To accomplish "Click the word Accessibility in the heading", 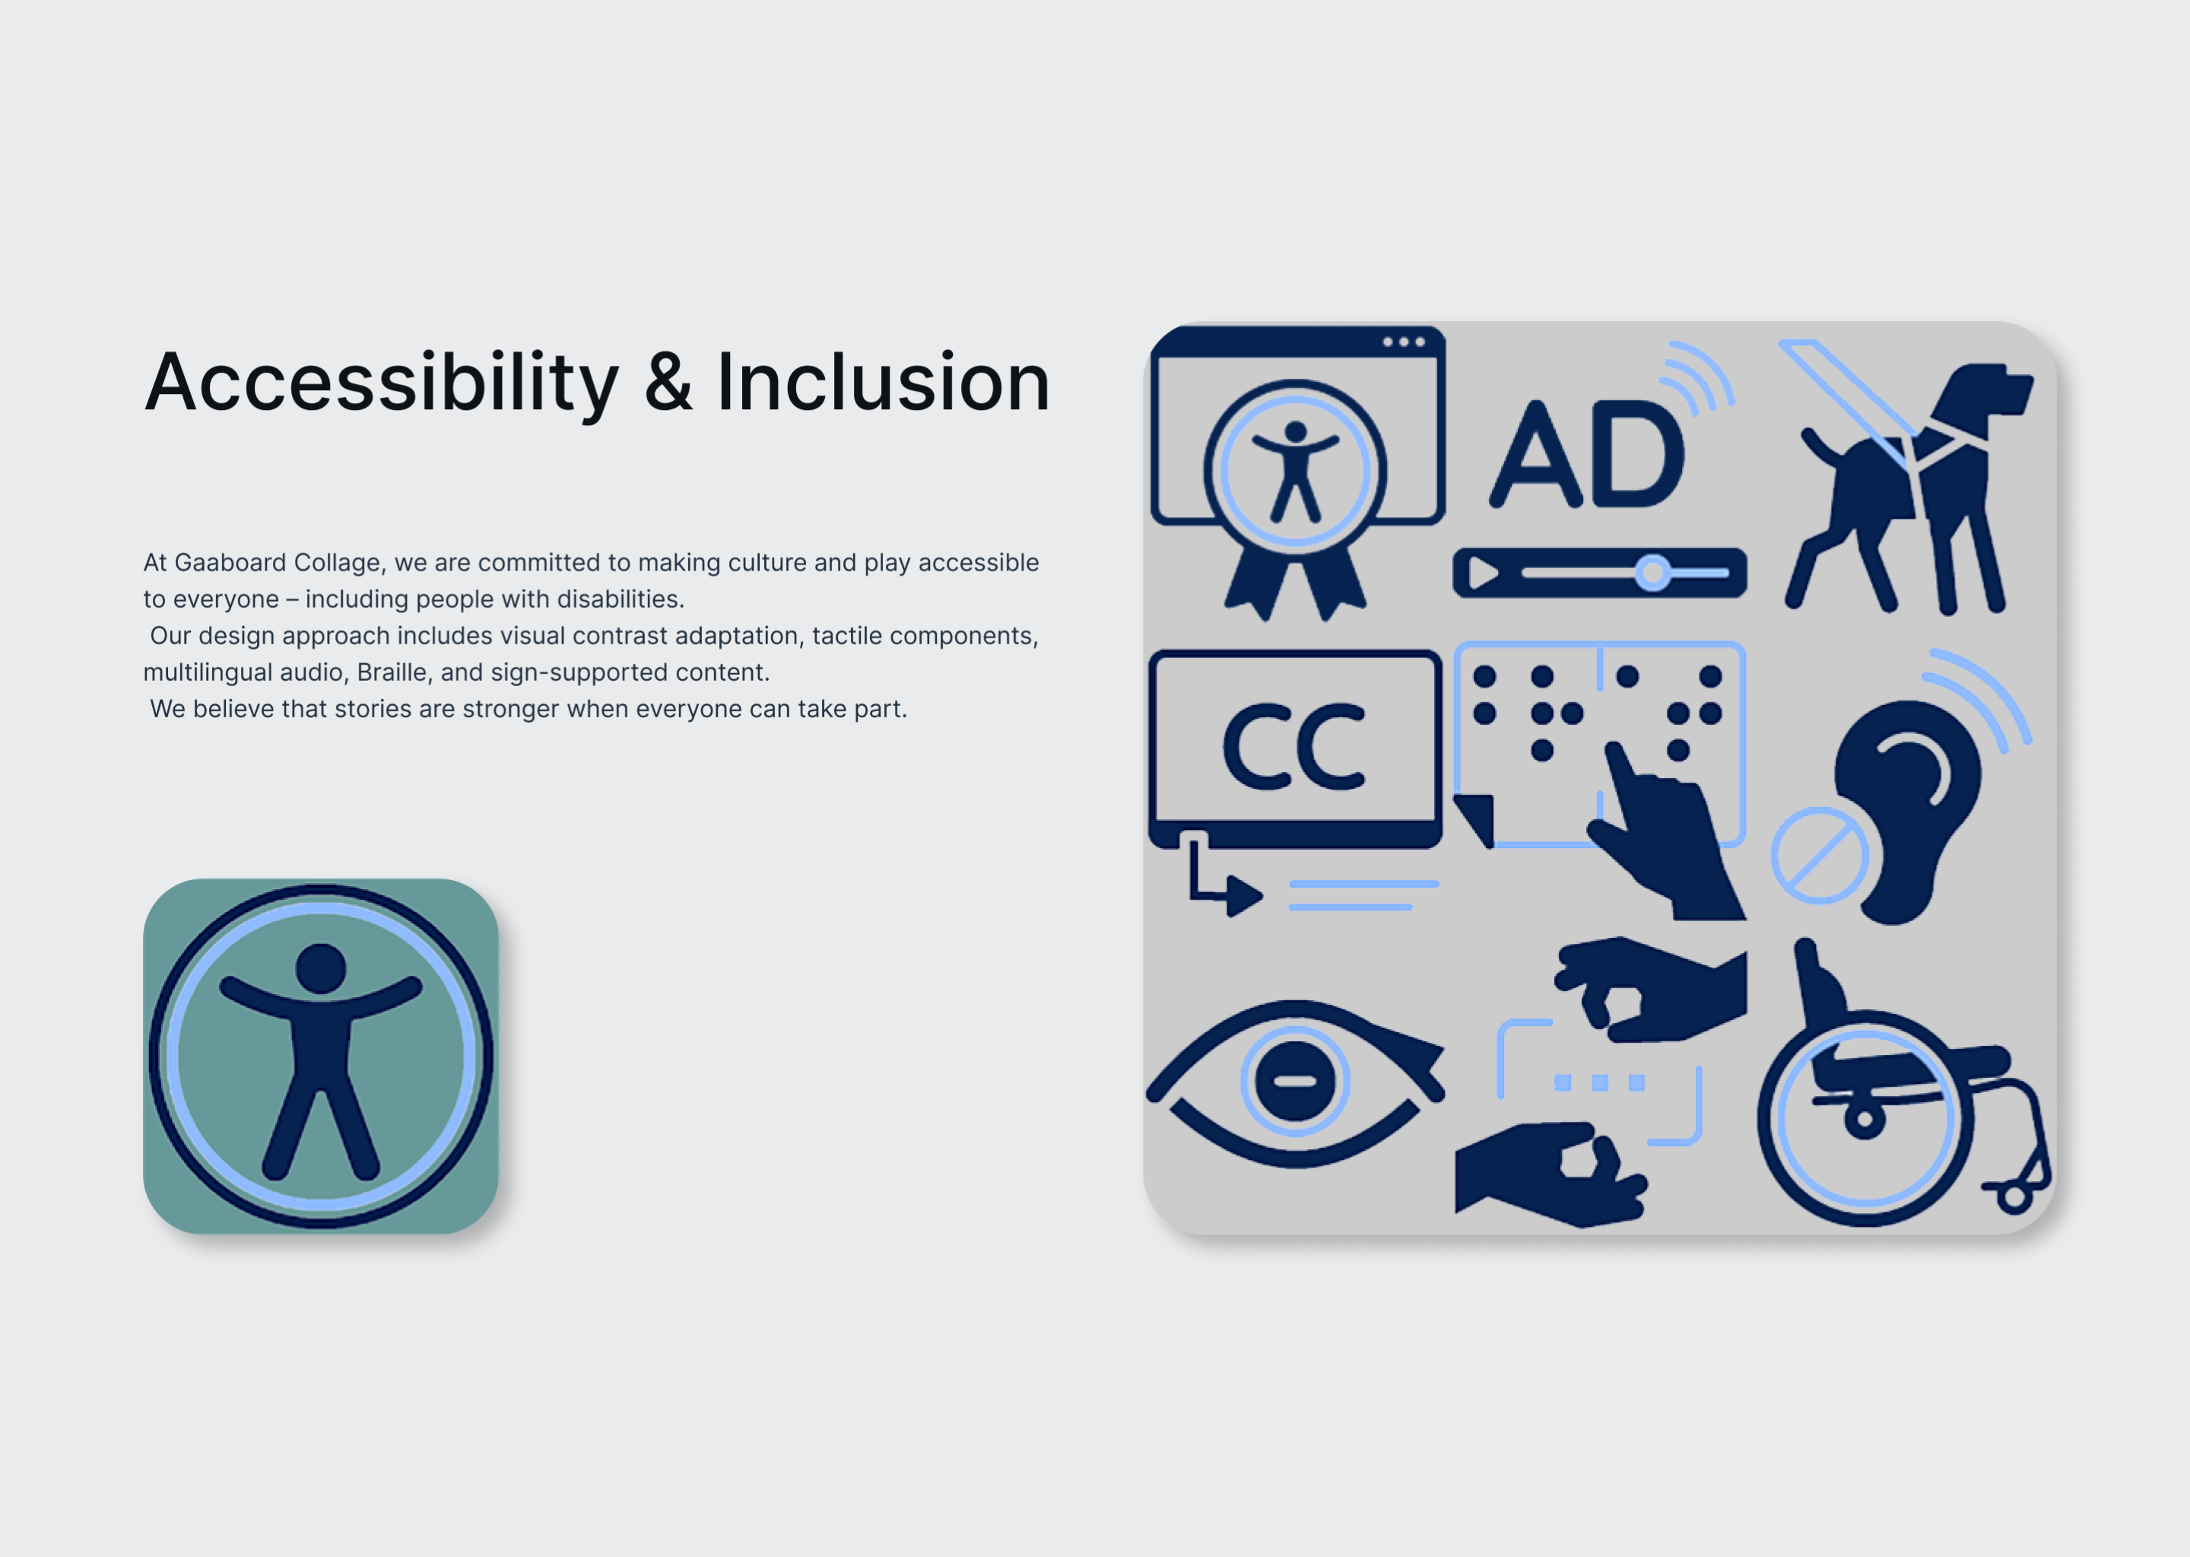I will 382,383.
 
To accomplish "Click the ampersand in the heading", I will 667,383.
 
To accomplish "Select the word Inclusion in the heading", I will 883,383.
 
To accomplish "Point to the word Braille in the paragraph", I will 392,673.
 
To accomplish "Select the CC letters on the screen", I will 1294,747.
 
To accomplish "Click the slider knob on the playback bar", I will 1652,574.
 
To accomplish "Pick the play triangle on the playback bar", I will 1483,574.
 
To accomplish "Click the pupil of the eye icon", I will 1295,1082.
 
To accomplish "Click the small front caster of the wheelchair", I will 2014,1196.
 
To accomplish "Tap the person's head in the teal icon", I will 320,968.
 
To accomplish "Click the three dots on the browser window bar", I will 1403,342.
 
